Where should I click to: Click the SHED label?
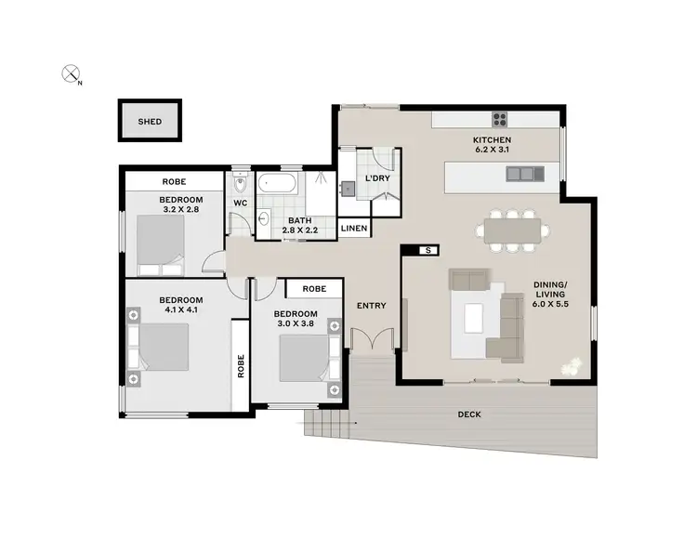pyautogui.click(x=149, y=121)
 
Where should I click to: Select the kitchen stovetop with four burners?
pyautogui.click(x=499, y=118)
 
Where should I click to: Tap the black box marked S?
pyautogui.click(x=427, y=250)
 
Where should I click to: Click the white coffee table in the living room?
pyautogui.click(x=474, y=317)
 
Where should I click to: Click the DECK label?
pyautogui.click(x=469, y=414)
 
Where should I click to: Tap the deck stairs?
pyautogui.click(x=330, y=428)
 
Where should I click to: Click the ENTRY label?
pyautogui.click(x=371, y=306)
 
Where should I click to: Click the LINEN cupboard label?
pyautogui.click(x=353, y=228)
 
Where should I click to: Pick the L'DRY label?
pyautogui.click(x=377, y=177)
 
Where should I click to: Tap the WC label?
pyautogui.click(x=239, y=202)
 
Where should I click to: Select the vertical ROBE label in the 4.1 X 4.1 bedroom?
pyautogui.click(x=241, y=364)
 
